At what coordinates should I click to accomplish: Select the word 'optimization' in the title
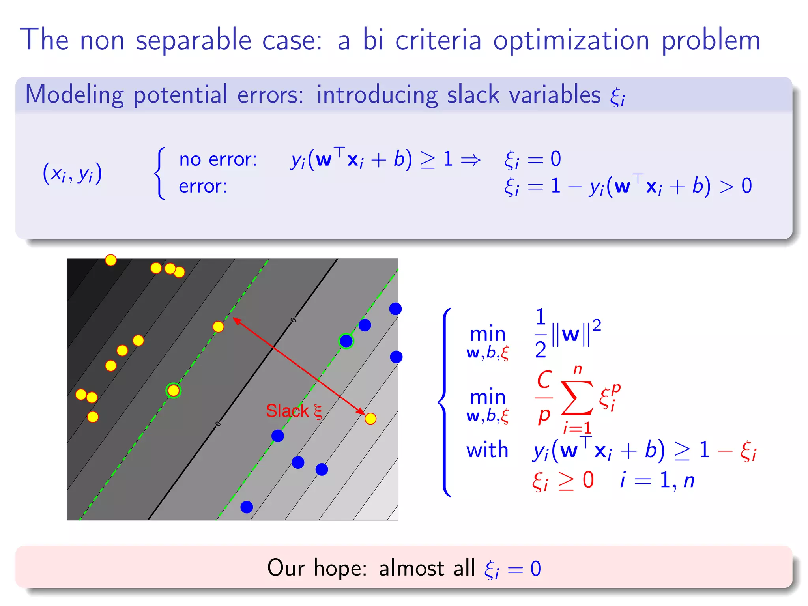(571, 41)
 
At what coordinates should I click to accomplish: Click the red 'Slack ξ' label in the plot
(294, 411)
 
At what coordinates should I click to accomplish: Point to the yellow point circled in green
(173, 391)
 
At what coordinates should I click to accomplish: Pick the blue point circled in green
(346, 341)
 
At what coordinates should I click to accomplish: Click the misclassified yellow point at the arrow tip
(370, 419)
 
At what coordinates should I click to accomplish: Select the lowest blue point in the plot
(247, 507)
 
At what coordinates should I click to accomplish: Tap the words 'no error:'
(218, 159)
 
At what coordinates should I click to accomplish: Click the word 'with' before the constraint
(487, 450)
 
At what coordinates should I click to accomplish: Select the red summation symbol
(577, 398)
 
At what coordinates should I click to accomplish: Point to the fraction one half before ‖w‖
(541, 333)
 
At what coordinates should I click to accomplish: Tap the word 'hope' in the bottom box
(340, 568)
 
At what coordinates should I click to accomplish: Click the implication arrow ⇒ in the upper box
(471, 160)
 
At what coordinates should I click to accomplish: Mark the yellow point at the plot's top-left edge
(111, 260)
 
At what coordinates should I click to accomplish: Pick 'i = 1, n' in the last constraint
(657, 480)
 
